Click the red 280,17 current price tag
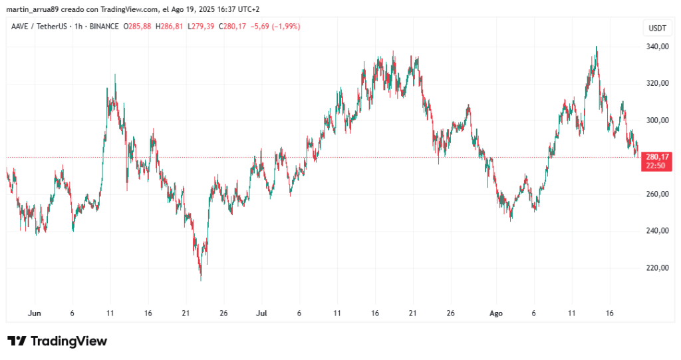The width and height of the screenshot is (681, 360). pyautogui.click(x=656, y=157)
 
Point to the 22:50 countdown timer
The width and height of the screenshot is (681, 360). pyautogui.click(x=656, y=166)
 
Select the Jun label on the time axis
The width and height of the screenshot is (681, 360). pyautogui.click(x=35, y=313)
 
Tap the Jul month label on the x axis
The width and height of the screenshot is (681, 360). pyautogui.click(x=262, y=313)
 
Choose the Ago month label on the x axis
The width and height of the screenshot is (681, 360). pyautogui.click(x=495, y=313)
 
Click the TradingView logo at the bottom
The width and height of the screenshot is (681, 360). pyautogui.click(x=57, y=341)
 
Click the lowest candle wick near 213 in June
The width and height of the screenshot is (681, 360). pyautogui.click(x=201, y=279)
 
